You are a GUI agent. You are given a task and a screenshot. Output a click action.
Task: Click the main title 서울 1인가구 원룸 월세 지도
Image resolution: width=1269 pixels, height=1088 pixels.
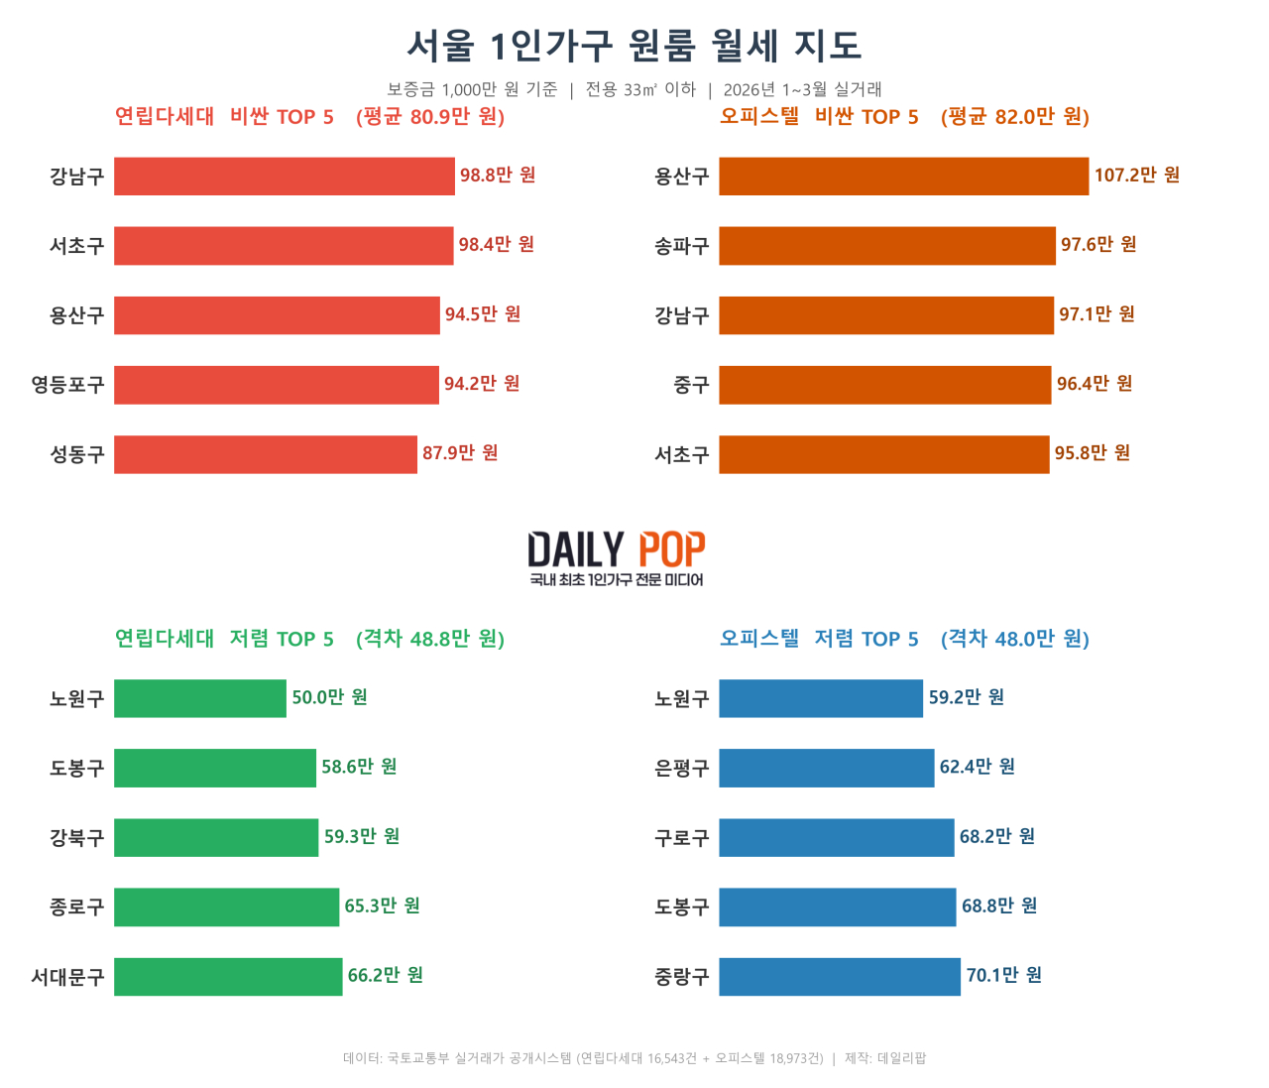click(x=634, y=46)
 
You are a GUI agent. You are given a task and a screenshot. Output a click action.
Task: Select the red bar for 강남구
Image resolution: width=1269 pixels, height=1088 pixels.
click(x=285, y=177)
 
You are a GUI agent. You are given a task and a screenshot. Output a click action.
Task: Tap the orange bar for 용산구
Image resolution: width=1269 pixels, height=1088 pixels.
click(x=903, y=177)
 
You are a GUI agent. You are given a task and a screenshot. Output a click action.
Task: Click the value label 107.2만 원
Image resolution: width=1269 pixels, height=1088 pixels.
click(x=1136, y=176)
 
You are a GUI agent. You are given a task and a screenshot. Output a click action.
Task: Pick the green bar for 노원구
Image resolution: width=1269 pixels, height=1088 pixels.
click(x=200, y=698)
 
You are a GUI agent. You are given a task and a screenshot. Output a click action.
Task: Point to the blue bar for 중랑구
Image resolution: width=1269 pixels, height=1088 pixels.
click(x=840, y=976)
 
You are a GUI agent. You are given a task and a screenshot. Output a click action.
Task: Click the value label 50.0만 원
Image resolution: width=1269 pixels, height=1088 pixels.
click(x=329, y=697)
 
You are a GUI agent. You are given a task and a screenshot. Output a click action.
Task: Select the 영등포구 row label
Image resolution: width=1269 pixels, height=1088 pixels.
click(x=67, y=385)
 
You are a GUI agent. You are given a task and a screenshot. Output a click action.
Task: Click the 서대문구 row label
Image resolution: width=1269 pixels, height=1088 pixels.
click(x=67, y=977)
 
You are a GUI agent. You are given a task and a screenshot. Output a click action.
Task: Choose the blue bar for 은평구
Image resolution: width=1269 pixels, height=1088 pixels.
click(x=826, y=768)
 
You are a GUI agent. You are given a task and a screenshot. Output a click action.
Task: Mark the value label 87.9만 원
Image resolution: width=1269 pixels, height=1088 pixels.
click(x=460, y=453)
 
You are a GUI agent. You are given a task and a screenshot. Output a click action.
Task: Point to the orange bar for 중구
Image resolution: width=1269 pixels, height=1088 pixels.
click(x=884, y=385)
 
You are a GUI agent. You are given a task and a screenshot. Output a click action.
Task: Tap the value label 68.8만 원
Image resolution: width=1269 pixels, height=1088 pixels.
click(x=998, y=906)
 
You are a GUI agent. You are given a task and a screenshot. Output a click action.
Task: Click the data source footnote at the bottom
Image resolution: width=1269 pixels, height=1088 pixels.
click(x=634, y=1058)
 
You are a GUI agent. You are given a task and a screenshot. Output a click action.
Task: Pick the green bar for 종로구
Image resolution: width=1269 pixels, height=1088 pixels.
click(x=227, y=907)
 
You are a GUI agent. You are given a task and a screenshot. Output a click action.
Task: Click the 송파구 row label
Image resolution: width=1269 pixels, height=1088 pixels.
click(x=681, y=246)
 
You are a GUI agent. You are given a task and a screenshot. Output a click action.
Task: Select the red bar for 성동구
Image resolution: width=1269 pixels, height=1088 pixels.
click(x=266, y=454)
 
